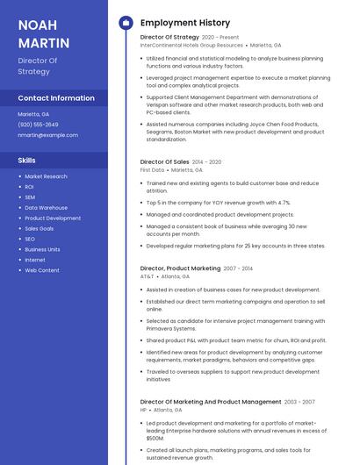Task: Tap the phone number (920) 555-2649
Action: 39,125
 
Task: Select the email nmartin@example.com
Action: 47,135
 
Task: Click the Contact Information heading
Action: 56,98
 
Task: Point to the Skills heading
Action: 27,161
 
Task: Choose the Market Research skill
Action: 46,176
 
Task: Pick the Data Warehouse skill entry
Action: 46,208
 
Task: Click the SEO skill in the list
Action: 30,239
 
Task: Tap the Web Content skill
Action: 42,270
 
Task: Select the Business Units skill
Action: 42,249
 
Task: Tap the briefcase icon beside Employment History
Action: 126,23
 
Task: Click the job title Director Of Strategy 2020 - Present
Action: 189,37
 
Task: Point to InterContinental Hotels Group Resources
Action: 191,46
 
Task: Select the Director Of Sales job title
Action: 164,161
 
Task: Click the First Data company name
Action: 151,170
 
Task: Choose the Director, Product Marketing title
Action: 180,268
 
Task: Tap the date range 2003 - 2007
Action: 299,401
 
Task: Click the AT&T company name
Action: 147,276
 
